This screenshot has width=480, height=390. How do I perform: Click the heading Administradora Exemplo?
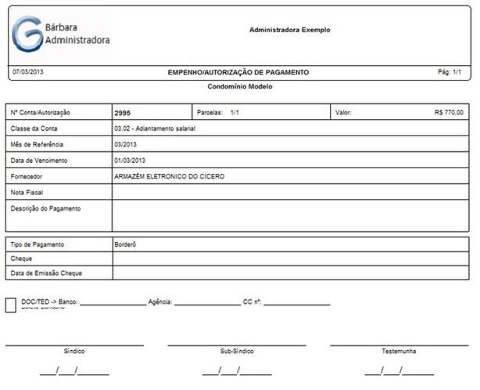click(289, 30)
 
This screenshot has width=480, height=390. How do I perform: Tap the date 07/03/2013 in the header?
click(28, 71)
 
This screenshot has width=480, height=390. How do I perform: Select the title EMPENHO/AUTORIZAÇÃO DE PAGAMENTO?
click(238, 72)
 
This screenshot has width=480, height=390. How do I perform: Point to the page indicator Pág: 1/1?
click(450, 71)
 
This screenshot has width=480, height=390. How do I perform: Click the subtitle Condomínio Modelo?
click(240, 87)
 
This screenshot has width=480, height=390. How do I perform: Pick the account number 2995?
click(122, 113)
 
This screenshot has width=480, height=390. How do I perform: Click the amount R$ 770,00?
click(448, 113)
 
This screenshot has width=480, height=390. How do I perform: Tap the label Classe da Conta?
click(34, 128)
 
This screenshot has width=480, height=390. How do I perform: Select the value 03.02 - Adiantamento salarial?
click(154, 128)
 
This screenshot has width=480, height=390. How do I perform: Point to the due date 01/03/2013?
click(130, 161)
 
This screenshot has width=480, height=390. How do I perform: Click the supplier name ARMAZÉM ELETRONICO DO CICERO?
click(169, 176)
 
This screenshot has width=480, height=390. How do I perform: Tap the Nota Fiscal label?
click(27, 192)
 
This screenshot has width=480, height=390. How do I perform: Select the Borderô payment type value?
click(125, 244)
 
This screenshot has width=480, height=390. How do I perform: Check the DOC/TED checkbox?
click(10, 305)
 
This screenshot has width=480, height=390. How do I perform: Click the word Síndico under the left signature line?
click(74, 352)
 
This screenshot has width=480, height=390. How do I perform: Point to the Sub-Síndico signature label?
click(237, 352)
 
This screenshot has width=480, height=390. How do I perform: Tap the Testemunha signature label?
click(399, 352)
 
